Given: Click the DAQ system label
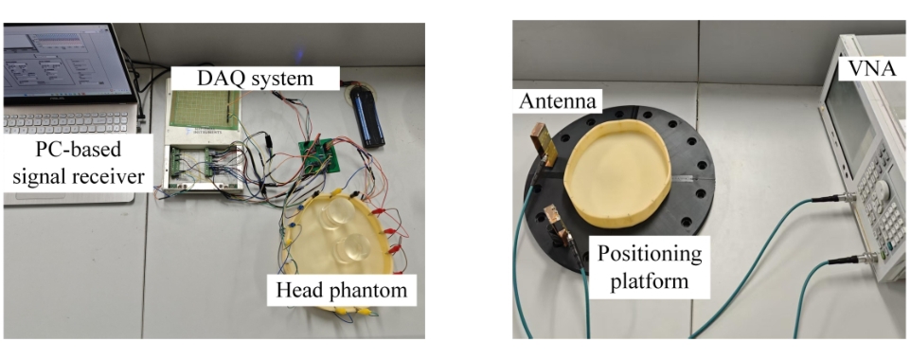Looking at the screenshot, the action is point(255,78).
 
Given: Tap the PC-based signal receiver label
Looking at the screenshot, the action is point(78,163).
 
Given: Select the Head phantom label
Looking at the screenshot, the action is point(342,290).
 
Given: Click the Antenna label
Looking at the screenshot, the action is point(557,101).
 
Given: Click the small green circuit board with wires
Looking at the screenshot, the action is point(319,155).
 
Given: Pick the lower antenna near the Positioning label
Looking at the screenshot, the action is point(556,224).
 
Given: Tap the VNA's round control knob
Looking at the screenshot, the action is point(882,190).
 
